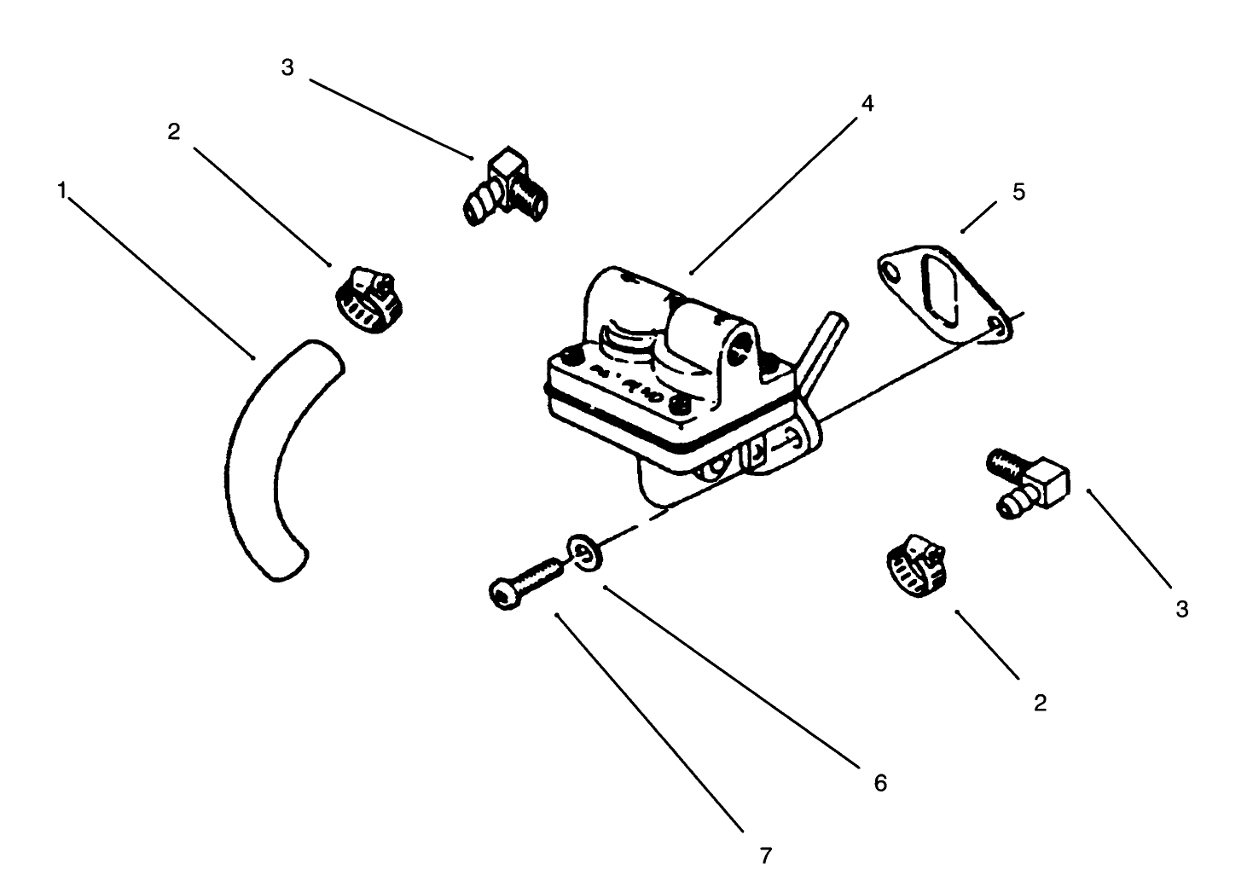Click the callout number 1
(x=61, y=190)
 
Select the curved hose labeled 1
(x=256, y=461)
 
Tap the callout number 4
(x=867, y=103)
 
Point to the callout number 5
(x=1018, y=192)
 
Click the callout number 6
(x=880, y=782)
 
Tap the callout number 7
(x=765, y=854)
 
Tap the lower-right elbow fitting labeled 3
(x=1030, y=483)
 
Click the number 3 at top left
(x=287, y=67)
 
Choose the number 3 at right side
(x=1181, y=609)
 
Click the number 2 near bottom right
(x=1039, y=703)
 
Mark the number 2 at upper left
(x=174, y=132)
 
